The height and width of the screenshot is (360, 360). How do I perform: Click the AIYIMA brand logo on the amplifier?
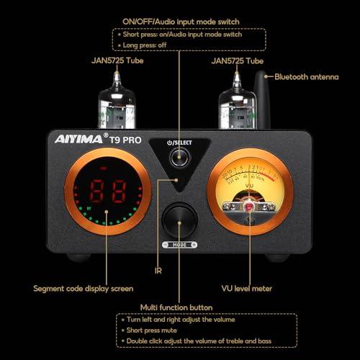click(x=77, y=140)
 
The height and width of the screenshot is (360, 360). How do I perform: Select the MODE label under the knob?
click(x=179, y=245)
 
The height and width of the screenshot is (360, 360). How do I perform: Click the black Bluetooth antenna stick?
click(x=261, y=101)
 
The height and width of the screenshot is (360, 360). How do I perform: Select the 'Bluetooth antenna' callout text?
click(x=307, y=76)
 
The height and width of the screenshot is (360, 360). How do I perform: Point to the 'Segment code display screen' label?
click(x=84, y=289)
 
